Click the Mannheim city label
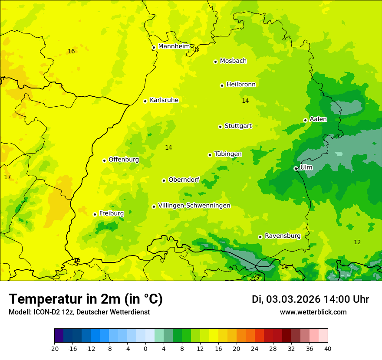tap(174, 46)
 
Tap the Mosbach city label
tap(233, 61)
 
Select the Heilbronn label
tap(241, 84)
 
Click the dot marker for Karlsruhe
tap(145, 101)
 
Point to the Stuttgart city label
tap(238, 126)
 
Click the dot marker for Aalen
tap(305, 120)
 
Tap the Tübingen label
tap(228, 154)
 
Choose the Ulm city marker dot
tap(296, 168)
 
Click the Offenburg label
tap(124, 160)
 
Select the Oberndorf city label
tap(184, 180)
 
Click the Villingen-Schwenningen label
tap(194, 206)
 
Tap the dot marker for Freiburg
tap(95, 214)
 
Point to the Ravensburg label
tap(283, 236)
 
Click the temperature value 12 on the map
tap(357, 242)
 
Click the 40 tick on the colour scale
tap(328, 348)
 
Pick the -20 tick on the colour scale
tap(54, 348)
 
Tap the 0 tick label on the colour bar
tap(145, 348)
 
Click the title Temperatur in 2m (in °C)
tap(86, 299)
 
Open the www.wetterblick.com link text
tap(313, 312)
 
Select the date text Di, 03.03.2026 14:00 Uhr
tap(310, 299)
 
